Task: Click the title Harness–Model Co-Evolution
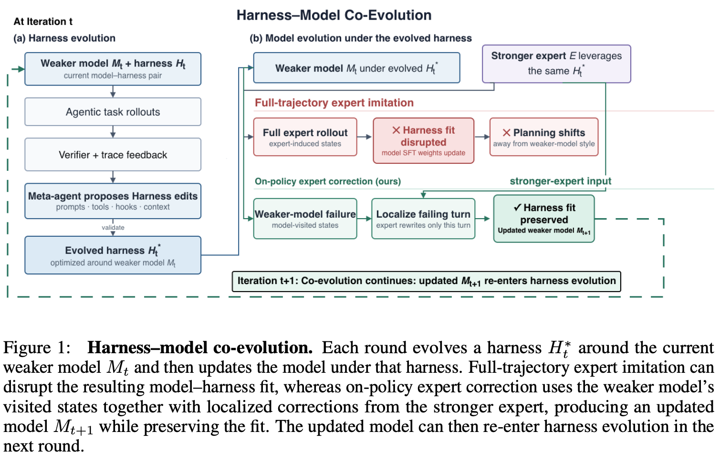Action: point(334,15)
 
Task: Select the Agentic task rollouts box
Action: point(113,112)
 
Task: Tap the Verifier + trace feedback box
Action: point(113,155)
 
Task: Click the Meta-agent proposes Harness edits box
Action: point(113,201)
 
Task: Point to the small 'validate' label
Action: point(113,227)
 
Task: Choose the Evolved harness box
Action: point(113,255)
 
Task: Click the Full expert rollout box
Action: point(305,137)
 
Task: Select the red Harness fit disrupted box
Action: point(423,140)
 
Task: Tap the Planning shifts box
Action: point(544,137)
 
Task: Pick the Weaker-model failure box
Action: point(305,219)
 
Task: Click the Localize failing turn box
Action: point(423,219)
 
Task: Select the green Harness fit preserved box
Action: point(544,219)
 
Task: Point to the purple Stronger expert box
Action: point(556,63)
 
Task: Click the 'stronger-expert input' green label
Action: point(561,181)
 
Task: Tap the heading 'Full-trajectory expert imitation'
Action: point(334,103)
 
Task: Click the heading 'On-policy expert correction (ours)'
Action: point(327,181)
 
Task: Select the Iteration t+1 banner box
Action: point(426,282)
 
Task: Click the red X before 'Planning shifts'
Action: point(507,133)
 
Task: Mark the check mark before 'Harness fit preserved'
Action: point(517,207)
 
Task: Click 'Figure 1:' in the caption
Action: point(37,348)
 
